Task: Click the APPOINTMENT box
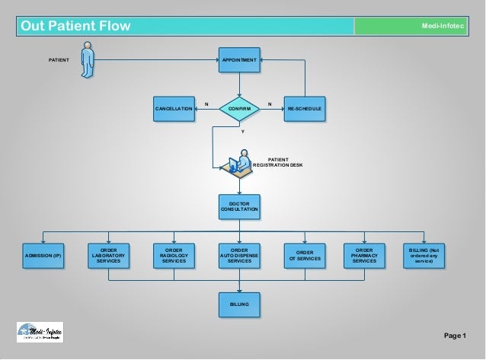[239, 59]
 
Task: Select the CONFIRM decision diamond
[239, 110]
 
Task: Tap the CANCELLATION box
[174, 110]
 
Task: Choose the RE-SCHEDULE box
[305, 110]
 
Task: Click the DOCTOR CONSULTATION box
[239, 206]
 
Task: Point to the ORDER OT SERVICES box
[305, 257]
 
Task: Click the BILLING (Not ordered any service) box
[424, 256]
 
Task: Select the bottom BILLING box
[239, 304]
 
